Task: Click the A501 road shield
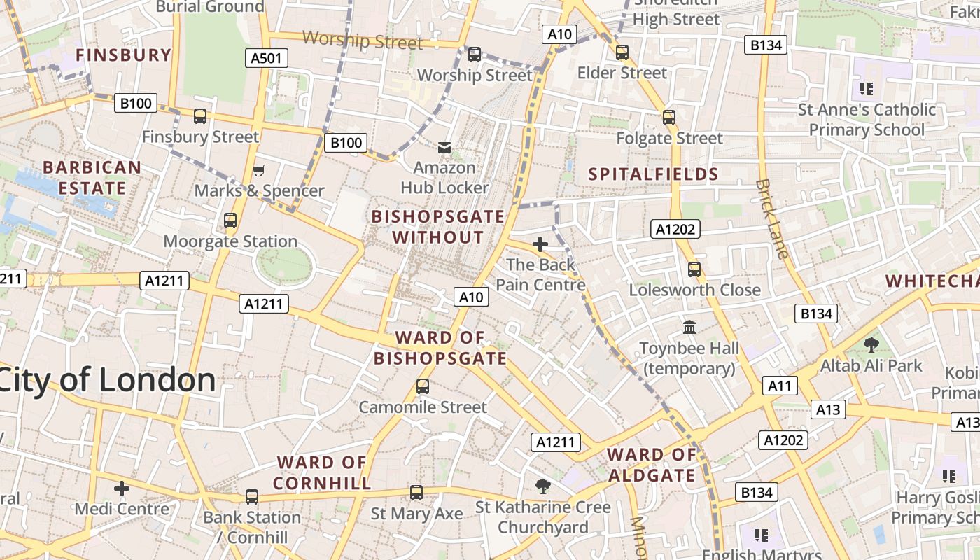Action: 267,58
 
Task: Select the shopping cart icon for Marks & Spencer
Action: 259,170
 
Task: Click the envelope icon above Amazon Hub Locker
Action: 444,147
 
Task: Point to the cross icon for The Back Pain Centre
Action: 540,244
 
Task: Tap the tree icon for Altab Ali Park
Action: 871,344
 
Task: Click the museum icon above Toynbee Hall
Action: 689,327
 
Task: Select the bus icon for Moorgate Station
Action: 230,220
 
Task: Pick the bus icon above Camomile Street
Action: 423,386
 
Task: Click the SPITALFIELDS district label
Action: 654,174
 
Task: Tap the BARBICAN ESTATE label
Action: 92,178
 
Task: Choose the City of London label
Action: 107,380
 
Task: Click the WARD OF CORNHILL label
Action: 322,472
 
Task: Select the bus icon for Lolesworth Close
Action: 694,269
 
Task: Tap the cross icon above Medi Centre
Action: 122,488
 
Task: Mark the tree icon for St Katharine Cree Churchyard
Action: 542,486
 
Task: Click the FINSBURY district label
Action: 123,55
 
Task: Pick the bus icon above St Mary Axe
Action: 416,492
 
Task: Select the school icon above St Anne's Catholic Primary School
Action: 867,89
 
